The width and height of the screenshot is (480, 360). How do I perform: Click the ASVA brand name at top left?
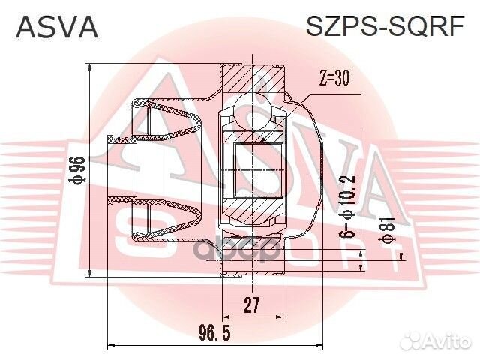57,28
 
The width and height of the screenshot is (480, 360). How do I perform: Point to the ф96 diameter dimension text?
76,172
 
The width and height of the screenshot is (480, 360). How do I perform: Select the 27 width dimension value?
251,305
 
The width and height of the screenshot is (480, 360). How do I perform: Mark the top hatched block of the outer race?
253,79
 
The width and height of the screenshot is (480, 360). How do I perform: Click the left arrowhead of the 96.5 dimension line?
112,345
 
